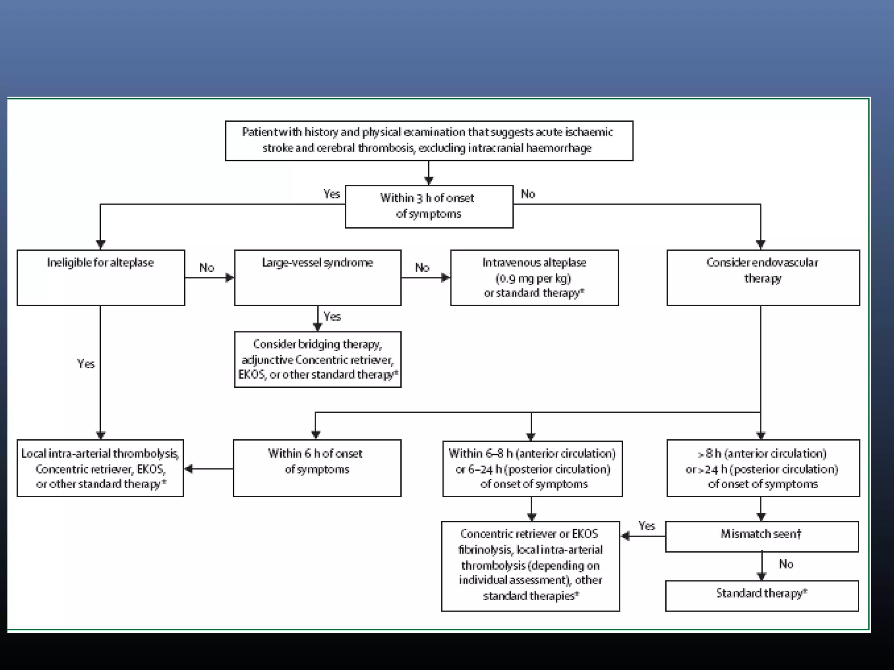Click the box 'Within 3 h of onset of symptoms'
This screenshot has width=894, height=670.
pyautogui.click(x=429, y=206)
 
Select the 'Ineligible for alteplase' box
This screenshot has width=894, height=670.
pyautogui.click(x=100, y=277)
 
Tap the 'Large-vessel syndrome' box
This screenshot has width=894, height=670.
pyautogui.click(x=317, y=277)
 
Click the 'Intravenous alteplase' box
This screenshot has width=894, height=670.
pyautogui.click(x=534, y=277)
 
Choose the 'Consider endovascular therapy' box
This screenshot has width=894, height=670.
pyautogui.click(x=763, y=277)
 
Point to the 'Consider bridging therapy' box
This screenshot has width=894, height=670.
pyautogui.click(x=317, y=359)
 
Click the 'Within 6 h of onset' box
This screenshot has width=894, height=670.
pyautogui.click(x=316, y=468)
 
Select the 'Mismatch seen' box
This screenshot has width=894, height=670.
pyautogui.click(x=761, y=536)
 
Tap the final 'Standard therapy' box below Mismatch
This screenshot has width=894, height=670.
pyautogui.click(x=761, y=595)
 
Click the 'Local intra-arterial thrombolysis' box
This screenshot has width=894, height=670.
pyautogui.click(x=100, y=468)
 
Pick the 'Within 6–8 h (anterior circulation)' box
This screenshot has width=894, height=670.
pyautogui.click(x=532, y=468)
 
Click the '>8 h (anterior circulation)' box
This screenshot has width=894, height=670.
pyautogui.click(x=763, y=468)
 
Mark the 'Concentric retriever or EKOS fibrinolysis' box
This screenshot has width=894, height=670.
pyautogui.click(x=530, y=566)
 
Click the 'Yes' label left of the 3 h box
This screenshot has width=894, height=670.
pyautogui.click(x=331, y=194)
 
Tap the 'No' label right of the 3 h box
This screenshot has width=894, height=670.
pyautogui.click(x=528, y=194)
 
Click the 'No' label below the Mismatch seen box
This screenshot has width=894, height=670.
pyautogui.click(x=786, y=564)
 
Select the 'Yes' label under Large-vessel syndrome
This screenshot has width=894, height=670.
pyautogui.click(x=332, y=316)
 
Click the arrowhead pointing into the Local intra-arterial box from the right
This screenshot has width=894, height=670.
pyautogui.click(x=189, y=469)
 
